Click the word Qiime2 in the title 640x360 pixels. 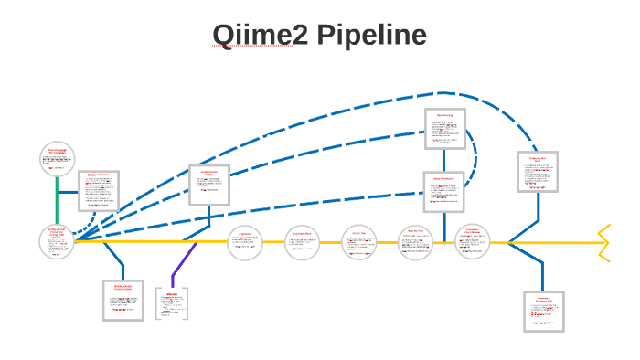tap(256, 36)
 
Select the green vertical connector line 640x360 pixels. tap(58, 199)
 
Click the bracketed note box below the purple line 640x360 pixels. tap(171, 304)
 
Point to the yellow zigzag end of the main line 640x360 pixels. tap(603, 241)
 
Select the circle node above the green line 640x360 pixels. tap(58, 159)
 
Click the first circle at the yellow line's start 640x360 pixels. tap(58, 242)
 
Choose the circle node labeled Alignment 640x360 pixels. tap(245, 242)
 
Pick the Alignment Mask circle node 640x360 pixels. tap(304, 242)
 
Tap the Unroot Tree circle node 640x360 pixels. tap(358, 242)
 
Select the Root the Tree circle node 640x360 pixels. tap(415, 242)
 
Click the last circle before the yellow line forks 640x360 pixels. tap(473, 242)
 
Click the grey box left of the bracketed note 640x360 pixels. tap(123, 300)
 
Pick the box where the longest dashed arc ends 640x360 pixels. tap(538, 171)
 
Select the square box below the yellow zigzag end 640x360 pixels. tap(543, 311)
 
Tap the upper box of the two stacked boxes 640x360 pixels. tap(445, 130)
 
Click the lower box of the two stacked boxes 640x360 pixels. tap(443, 192)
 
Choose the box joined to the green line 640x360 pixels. tap(99, 191)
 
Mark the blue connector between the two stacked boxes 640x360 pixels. tap(444, 162)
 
